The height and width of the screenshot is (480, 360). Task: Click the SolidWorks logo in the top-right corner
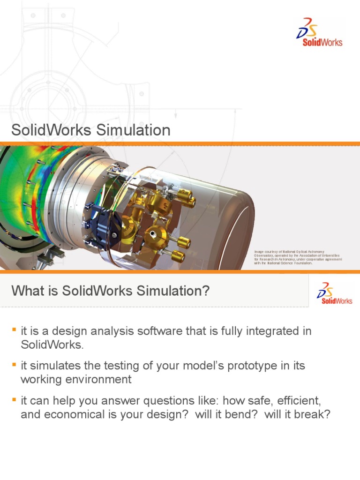click(x=319, y=32)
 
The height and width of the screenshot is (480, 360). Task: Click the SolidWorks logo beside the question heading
click(x=335, y=292)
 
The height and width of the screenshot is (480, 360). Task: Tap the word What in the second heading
click(x=26, y=291)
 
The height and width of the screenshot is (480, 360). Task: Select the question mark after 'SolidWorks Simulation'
click(x=206, y=291)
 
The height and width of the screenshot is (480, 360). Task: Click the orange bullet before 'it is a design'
click(x=14, y=330)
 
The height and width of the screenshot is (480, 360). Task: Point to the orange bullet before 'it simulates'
click(x=14, y=363)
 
